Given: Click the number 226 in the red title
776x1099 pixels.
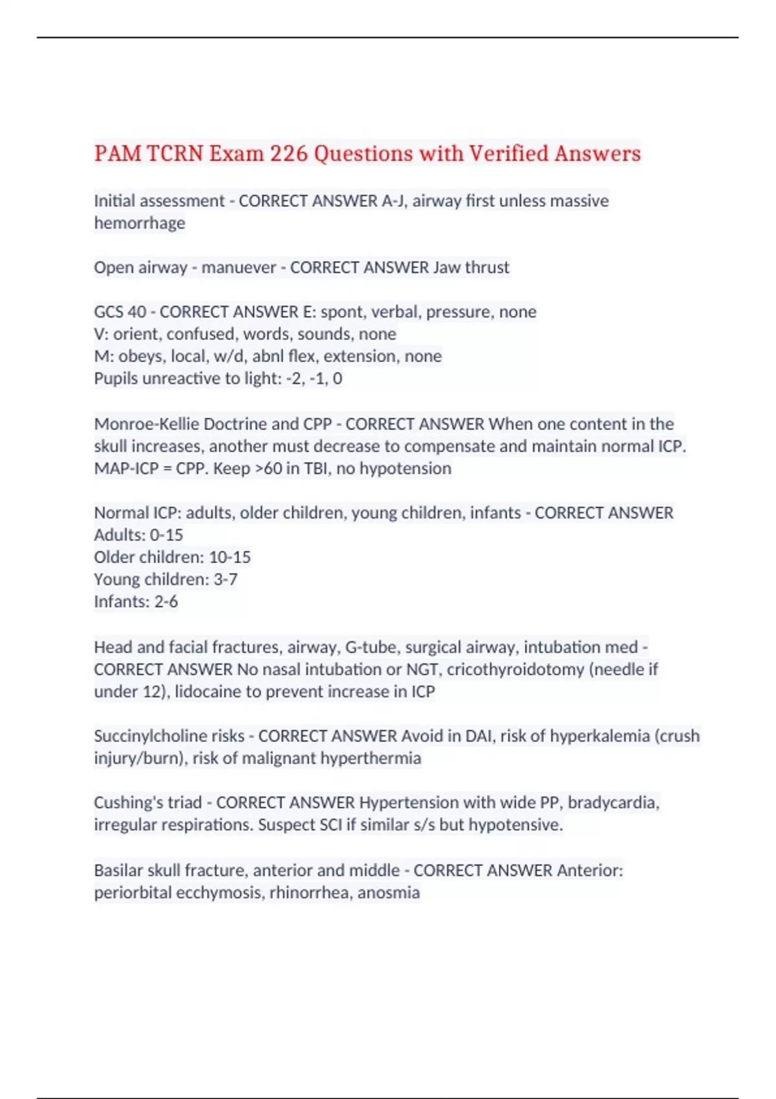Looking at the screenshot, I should tap(288, 154).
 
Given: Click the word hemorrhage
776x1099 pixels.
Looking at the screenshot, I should tap(140, 223).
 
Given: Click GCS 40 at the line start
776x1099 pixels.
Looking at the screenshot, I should tap(120, 312).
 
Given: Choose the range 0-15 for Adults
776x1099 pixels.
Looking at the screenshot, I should tap(166, 535).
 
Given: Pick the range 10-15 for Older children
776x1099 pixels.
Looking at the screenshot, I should tap(230, 557).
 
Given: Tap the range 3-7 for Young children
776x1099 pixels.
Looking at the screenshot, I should tap(226, 580).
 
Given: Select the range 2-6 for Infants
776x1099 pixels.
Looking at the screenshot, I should tap(166, 602).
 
